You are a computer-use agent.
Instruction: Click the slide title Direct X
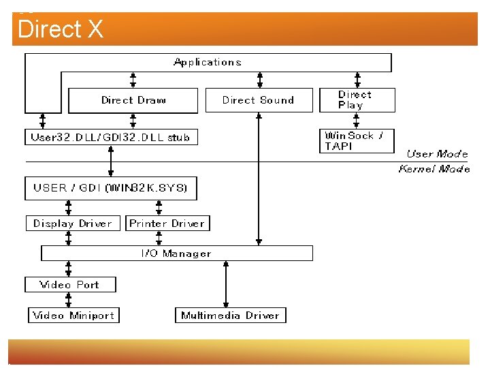[61, 29]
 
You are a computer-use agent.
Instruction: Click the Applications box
[208, 62]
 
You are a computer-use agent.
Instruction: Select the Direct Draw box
[133, 100]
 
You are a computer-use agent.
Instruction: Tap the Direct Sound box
[259, 100]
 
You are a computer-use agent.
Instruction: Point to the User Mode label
[437, 154]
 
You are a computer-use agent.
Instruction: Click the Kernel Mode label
[434, 169]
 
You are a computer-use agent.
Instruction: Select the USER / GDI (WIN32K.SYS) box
[111, 187]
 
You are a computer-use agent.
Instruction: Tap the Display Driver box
[73, 224]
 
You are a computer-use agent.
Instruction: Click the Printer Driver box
[167, 224]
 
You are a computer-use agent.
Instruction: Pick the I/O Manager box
[177, 254]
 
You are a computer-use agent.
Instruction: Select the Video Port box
[70, 284]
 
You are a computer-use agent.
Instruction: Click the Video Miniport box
[73, 315]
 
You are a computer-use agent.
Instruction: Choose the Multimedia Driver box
[230, 315]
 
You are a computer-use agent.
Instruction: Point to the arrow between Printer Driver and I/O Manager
[159, 239]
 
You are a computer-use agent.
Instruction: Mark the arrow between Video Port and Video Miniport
[69, 300]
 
